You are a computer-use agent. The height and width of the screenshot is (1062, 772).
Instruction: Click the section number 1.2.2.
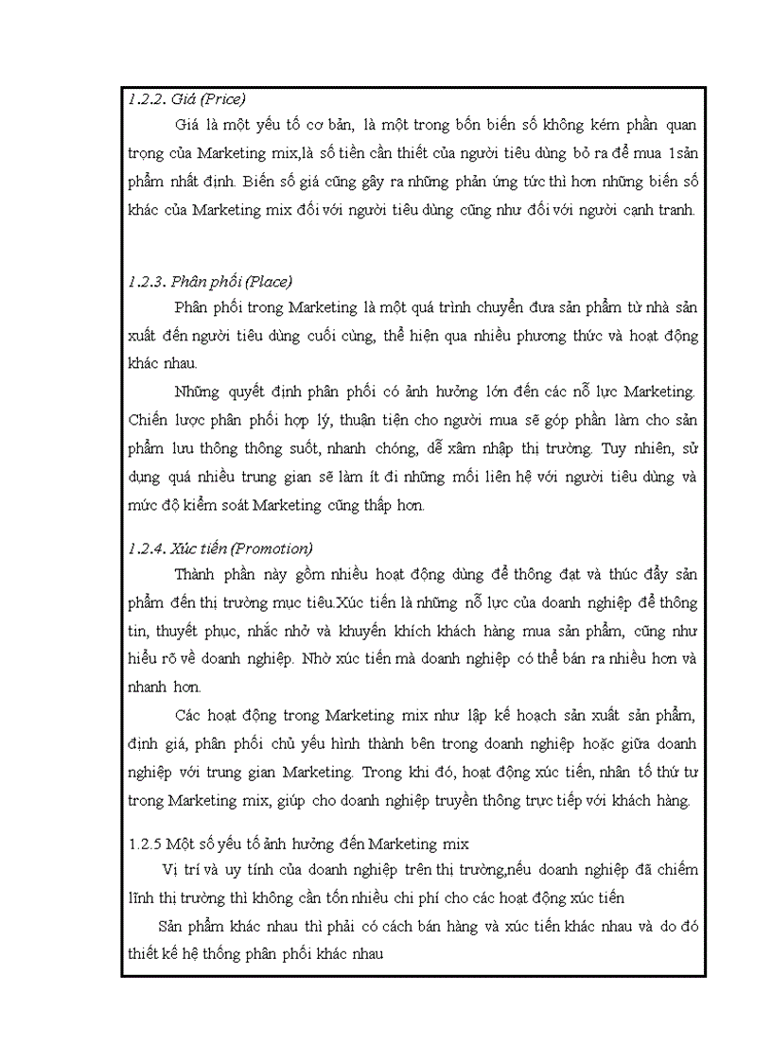145,97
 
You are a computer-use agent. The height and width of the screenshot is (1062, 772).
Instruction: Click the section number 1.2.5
145,842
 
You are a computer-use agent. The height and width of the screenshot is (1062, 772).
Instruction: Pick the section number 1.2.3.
145,281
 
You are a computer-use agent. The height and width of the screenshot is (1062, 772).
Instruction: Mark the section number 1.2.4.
145,548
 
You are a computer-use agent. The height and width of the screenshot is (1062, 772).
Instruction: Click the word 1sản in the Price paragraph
678,151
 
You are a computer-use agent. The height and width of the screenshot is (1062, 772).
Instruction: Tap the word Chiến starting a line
147,417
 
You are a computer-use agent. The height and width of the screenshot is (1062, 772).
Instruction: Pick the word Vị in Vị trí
171,869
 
